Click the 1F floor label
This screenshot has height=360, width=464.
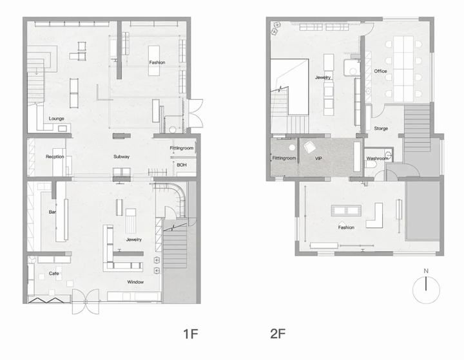[x=191, y=334]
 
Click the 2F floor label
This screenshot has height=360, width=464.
[x=278, y=334]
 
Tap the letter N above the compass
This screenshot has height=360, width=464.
[x=426, y=270]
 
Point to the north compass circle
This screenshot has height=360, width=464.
[x=426, y=290]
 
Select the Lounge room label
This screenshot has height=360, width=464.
[x=57, y=118]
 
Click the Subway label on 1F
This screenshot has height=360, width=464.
[x=121, y=156]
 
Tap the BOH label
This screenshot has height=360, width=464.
[x=181, y=165]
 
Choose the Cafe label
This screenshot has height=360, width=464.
[x=54, y=273]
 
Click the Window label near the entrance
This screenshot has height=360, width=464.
[x=135, y=282]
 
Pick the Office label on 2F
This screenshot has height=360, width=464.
[x=380, y=71]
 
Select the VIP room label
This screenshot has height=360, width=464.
[x=318, y=158]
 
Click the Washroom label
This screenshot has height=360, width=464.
[x=377, y=158]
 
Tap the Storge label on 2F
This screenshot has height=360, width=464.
[x=381, y=129]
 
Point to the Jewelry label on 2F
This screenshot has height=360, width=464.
[x=323, y=77]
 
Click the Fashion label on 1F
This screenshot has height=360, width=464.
[x=157, y=62]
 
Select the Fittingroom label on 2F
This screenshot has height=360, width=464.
[x=284, y=158]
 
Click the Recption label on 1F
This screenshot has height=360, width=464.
[x=55, y=156]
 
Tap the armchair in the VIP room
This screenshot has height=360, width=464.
[x=310, y=147]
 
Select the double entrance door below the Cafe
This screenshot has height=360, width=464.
[x=86, y=301]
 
